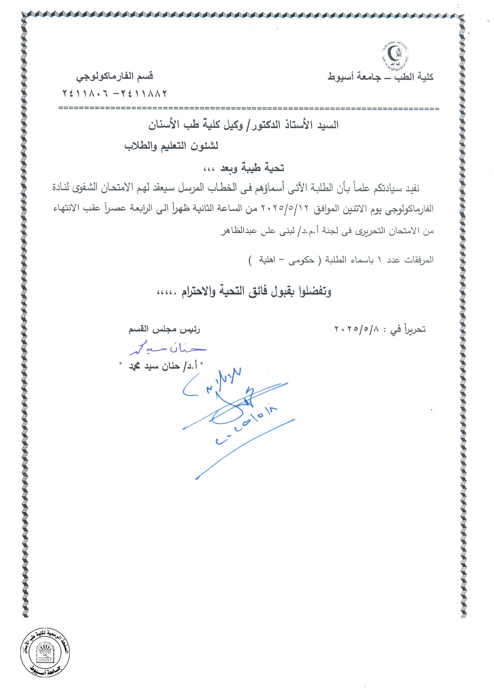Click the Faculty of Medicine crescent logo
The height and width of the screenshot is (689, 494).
point(395,56)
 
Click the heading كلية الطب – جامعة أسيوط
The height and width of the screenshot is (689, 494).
point(380,77)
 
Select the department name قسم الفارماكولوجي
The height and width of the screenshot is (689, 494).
point(115,76)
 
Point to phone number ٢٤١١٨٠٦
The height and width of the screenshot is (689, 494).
point(85,93)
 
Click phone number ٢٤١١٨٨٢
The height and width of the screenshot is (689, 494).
point(145,93)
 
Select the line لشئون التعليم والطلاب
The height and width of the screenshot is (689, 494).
point(171,146)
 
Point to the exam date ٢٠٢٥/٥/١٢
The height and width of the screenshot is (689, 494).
point(285,209)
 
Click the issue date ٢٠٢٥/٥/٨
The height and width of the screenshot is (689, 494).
point(357,329)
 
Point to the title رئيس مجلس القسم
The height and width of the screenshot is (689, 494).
point(164,330)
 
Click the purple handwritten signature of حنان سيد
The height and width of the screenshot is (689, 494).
point(168,349)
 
